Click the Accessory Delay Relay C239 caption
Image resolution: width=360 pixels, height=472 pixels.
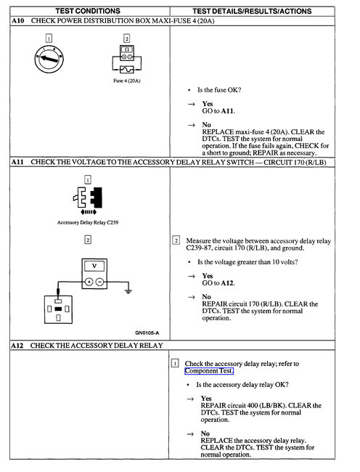[87, 223]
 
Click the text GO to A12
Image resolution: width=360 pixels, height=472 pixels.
[218, 282]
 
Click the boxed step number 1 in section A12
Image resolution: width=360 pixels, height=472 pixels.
[175, 362]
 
